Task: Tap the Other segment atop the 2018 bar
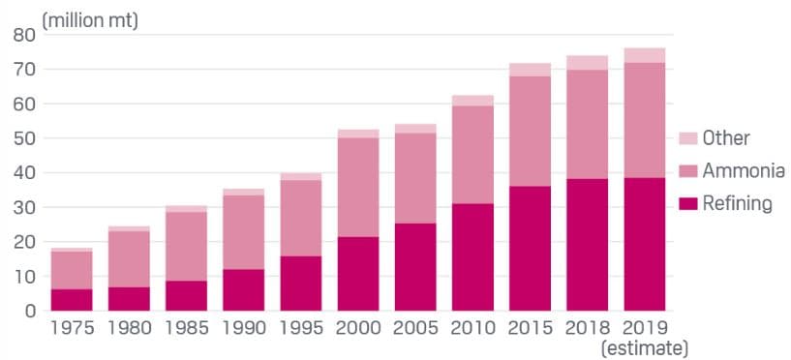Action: tap(588, 63)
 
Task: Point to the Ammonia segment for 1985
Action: tap(186, 246)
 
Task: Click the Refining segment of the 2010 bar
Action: tap(472, 256)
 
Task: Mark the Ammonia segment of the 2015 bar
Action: tap(531, 131)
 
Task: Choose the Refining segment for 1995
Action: tap(300, 283)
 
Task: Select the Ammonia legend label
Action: tap(744, 171)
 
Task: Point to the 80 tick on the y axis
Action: tap(24, 36)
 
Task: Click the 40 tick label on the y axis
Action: tap(24, 173)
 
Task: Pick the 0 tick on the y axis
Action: tap(29, 311)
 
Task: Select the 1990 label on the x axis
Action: tap(243, 327)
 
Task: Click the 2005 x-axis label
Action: tap(415, 327)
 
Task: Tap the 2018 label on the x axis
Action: tap(588, 327)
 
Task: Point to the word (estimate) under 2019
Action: tap(644, 346)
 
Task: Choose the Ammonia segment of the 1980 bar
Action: tap(129, 258)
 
